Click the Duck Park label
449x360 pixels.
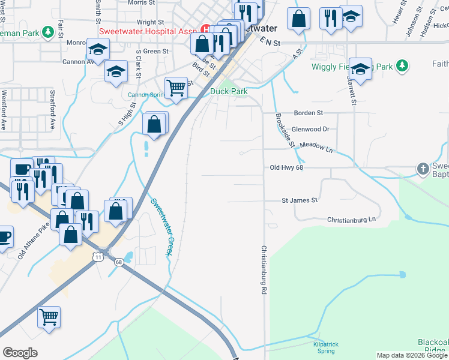pos(229,91)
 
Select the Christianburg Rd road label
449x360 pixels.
pos(264,269)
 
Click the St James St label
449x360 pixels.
pos(300,200)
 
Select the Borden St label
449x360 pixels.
pos(309,112)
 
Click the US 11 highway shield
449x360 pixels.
pos(97,257)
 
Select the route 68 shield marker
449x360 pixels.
pos(119,262)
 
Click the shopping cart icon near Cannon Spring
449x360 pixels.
pos(176,88)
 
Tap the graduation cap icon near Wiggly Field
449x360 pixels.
pos(361,69)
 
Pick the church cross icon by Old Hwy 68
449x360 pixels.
pos(423,169)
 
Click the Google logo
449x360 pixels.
pos(20,353)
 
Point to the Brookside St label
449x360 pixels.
pos(285,131)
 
